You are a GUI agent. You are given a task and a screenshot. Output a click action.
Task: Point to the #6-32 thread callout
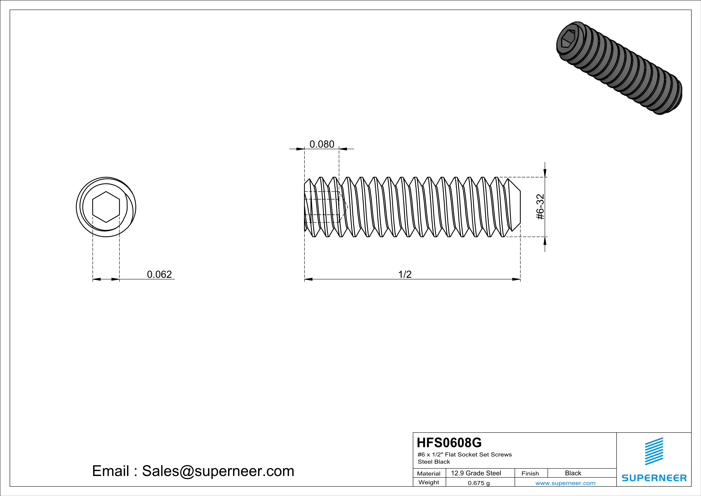click(x=540, y=207)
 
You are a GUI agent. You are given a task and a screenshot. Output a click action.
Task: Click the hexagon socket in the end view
click(x=106, y=207)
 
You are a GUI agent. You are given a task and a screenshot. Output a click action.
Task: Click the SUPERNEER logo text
click(x=654, y=478)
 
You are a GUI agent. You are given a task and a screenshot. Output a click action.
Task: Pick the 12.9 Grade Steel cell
click(x=476, y=473)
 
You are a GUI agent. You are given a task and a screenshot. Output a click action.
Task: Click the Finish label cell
click(x=530, y=473)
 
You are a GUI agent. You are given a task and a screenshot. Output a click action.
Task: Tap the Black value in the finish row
click(x=573, y=473)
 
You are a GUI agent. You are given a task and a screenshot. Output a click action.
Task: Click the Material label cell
click(x=429, y=473)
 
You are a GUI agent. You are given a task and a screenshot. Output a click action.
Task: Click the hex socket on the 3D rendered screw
click(x=568, y=43)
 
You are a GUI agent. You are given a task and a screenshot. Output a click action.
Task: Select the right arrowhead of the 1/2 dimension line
click(x=516, y=279)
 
